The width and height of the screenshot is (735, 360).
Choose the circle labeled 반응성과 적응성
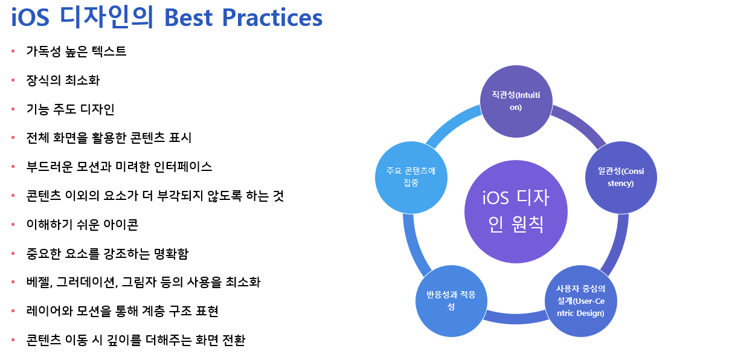(451, 301)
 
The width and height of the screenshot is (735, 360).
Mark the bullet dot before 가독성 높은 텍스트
(13, 51)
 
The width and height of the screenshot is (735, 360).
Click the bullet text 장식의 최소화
(63, 80)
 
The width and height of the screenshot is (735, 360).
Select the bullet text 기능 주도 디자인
(70, 109)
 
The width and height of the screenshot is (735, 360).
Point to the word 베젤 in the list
(39, 282)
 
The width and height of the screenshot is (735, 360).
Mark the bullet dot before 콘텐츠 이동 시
(13, 340)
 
